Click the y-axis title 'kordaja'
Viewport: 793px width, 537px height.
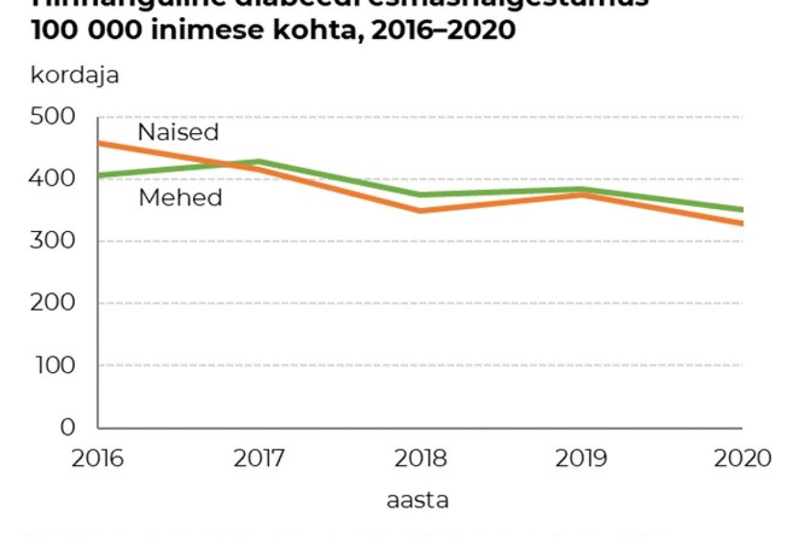pyautogui.click(x=75, y=75)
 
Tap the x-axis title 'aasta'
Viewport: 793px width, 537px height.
pyautogui.click(x=417, y=501)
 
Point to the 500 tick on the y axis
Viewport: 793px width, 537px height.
pyautogui.click(x=52, y=117)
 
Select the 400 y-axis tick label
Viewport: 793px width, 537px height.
pyautogui.click(x=52, y=179)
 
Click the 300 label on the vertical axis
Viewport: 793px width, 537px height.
pyautogui.click(x=52, y=241)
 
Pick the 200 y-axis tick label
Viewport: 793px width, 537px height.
pyautogui.click(x=52, y=303)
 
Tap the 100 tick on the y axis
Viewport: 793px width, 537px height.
pyautogui.click(x=52, y=365)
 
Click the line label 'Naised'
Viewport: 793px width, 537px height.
pyautogui.click(x=178, y=133)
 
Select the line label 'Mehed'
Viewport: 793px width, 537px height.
pyautogui.click(x=180, y=198)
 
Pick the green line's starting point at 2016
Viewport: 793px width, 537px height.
pyautogui.click(x=98, y=175)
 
